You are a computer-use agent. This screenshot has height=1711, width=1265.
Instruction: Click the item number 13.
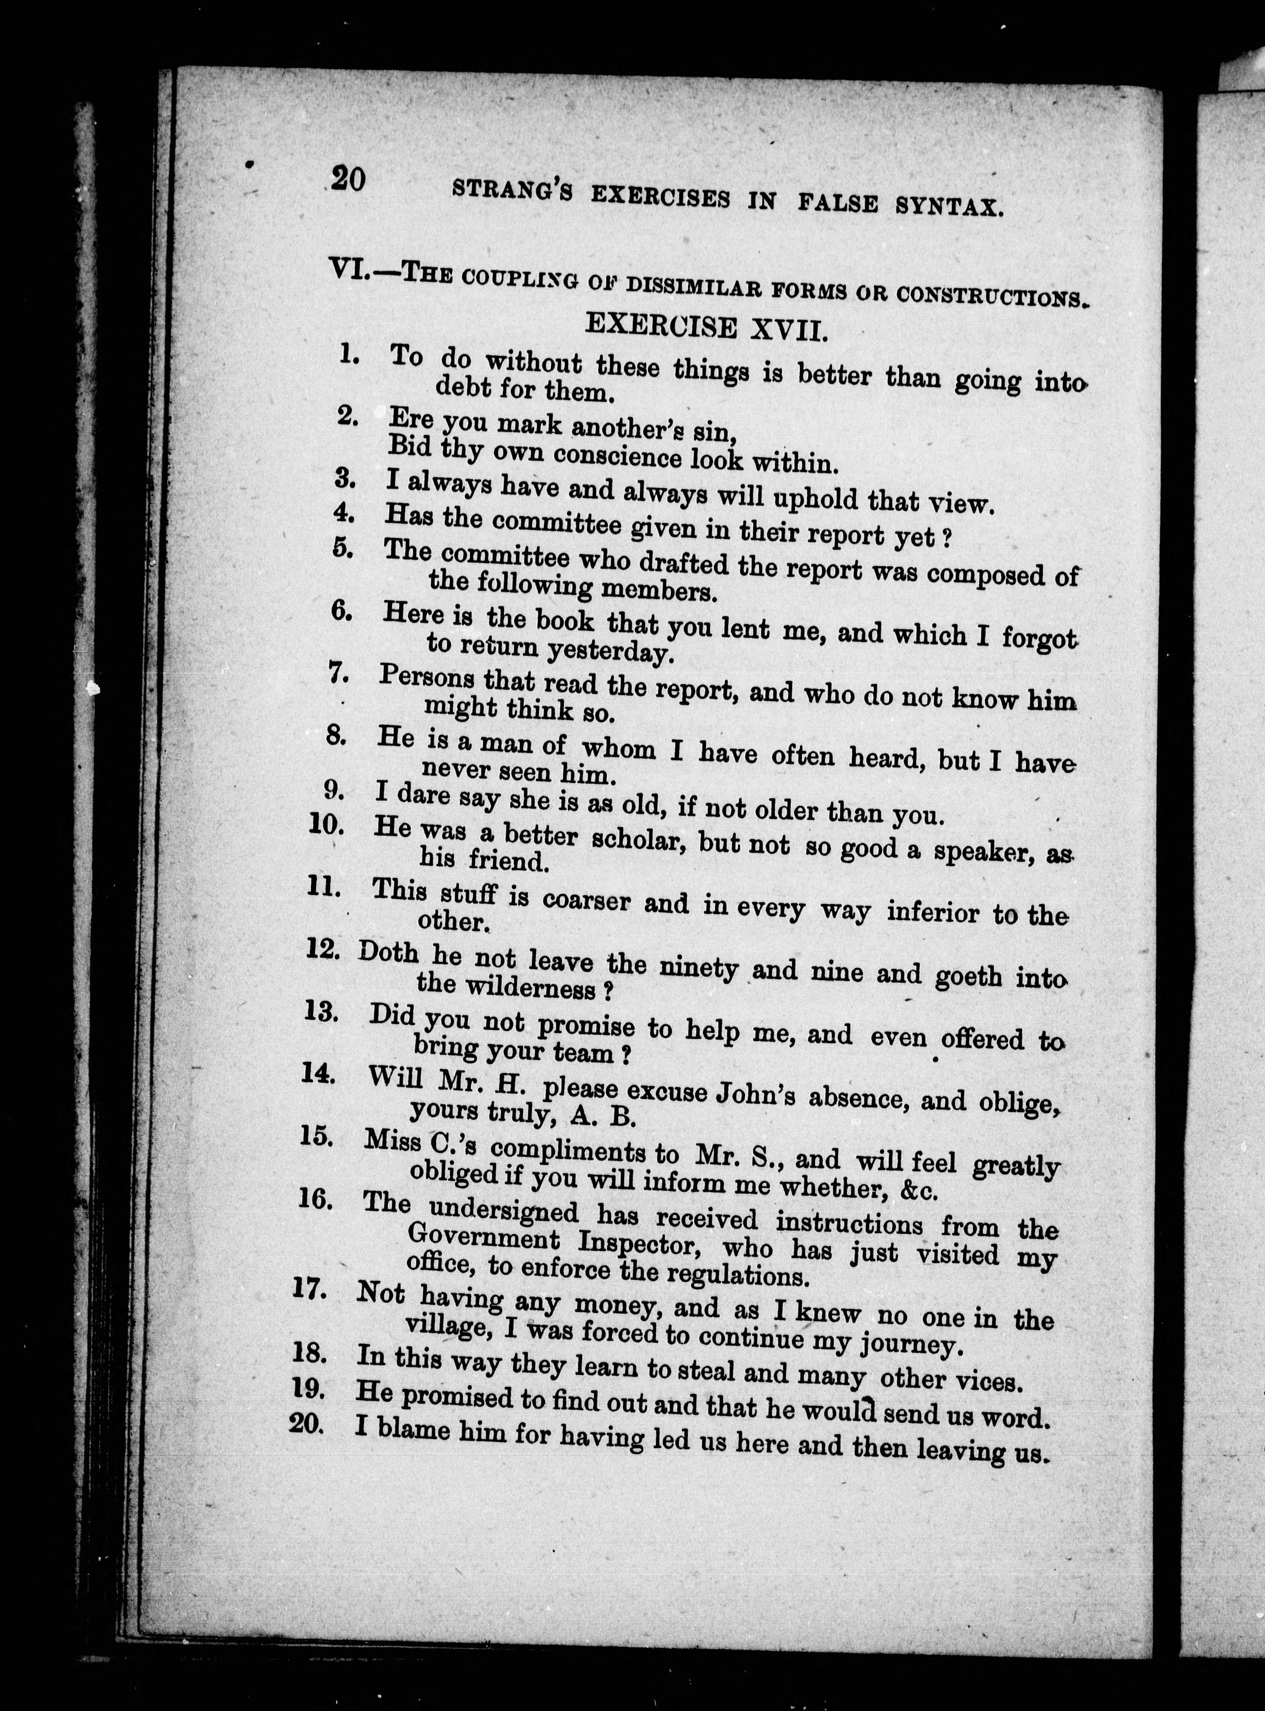(x=321, y=1012)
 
